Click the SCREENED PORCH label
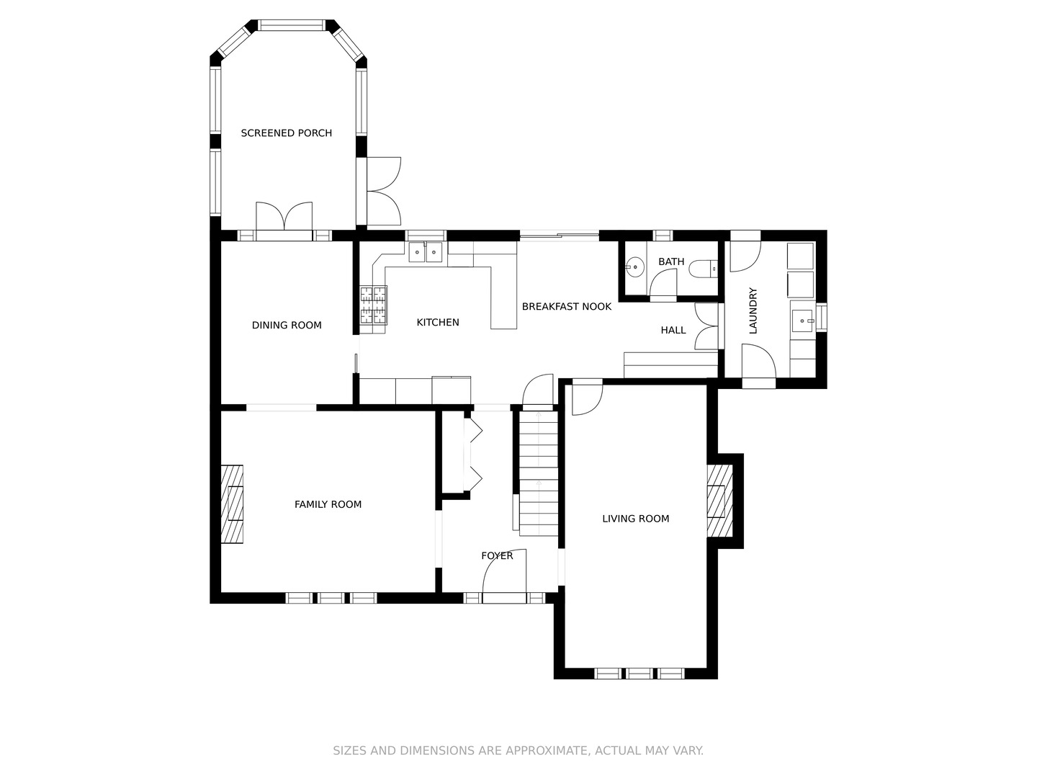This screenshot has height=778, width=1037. [x=287, y=133]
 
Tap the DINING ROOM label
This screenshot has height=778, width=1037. [x=287, y=325]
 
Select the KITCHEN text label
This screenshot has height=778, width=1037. [x=437, y=322]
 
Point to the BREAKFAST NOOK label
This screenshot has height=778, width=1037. [x=567, y=307]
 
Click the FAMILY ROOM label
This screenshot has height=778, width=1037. [x=328, y=504]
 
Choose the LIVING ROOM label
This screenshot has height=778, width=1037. [x=635, y=519]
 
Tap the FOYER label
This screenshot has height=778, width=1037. [x=497, y=555]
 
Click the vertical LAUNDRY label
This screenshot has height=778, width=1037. [x=753, y=310]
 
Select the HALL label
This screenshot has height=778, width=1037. [x=673, y=330]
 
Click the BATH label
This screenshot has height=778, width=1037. [x=671, y=261]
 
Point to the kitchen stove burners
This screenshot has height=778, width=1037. [x=373, y=305]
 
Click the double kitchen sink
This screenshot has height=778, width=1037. [x=425, y=252]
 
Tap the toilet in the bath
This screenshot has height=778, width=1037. [x=703, y=269]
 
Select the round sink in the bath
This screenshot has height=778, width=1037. [x=635, y=267]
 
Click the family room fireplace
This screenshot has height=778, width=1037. [x=232, y=504]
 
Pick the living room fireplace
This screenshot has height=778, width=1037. [x=719, y=501]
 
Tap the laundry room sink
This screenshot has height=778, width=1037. [x=803, y=321]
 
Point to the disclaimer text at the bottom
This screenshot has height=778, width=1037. [x=518, y=751]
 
